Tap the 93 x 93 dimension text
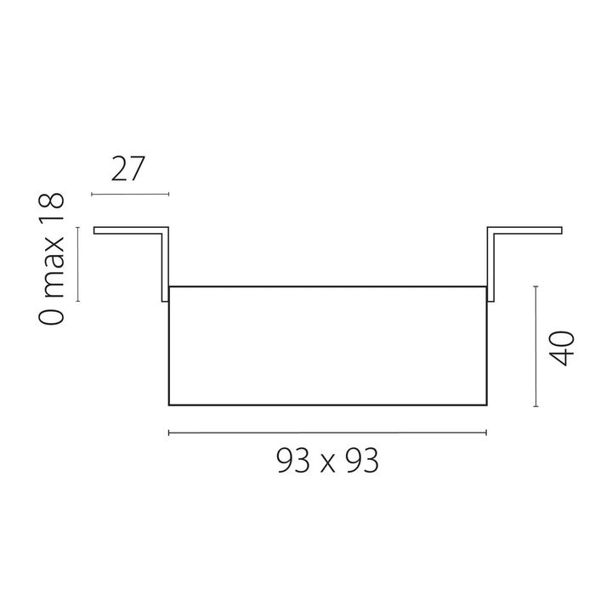(x=327, y=462)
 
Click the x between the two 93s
(x=327, y=464)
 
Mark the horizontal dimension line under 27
(x=129, y=195)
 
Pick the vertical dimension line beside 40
(x=535, y=348)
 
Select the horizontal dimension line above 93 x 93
(x=327, y=433)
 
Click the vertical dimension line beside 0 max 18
(x=78, y=263)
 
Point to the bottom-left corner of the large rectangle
(x=169, y=404)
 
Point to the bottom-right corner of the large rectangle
(x=486, y=404)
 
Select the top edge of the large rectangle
(x=327, y=286)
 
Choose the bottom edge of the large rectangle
(x=327, y=404)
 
